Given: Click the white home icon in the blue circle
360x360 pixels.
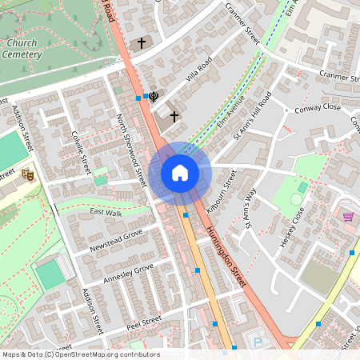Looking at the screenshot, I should click(x=180, y=172).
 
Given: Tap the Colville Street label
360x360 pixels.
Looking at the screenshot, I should click(x=81, y=151).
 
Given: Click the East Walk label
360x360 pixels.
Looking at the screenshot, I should click(x=106, y=213).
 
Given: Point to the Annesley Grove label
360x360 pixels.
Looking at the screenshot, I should click(x=127, y=274).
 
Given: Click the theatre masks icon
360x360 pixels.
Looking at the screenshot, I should click(x=28, y=174).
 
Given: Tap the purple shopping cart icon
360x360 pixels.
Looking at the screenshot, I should click(x=348, y=217).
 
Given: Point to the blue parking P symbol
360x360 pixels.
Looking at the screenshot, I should click(x=258, y=342).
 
